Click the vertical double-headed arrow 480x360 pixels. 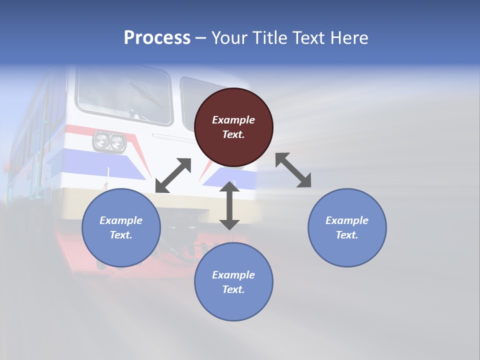(229, 205)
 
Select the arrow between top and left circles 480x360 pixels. (173, 175)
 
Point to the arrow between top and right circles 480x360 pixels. (293, 170)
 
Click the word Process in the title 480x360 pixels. (157, 38)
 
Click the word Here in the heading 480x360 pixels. (349, 38)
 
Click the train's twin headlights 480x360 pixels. (109, 141)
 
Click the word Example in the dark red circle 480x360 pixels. (233, 120)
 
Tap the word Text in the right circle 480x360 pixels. (347, 235)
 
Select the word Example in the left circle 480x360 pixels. (121, 220)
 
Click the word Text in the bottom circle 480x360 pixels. (233, 289)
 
